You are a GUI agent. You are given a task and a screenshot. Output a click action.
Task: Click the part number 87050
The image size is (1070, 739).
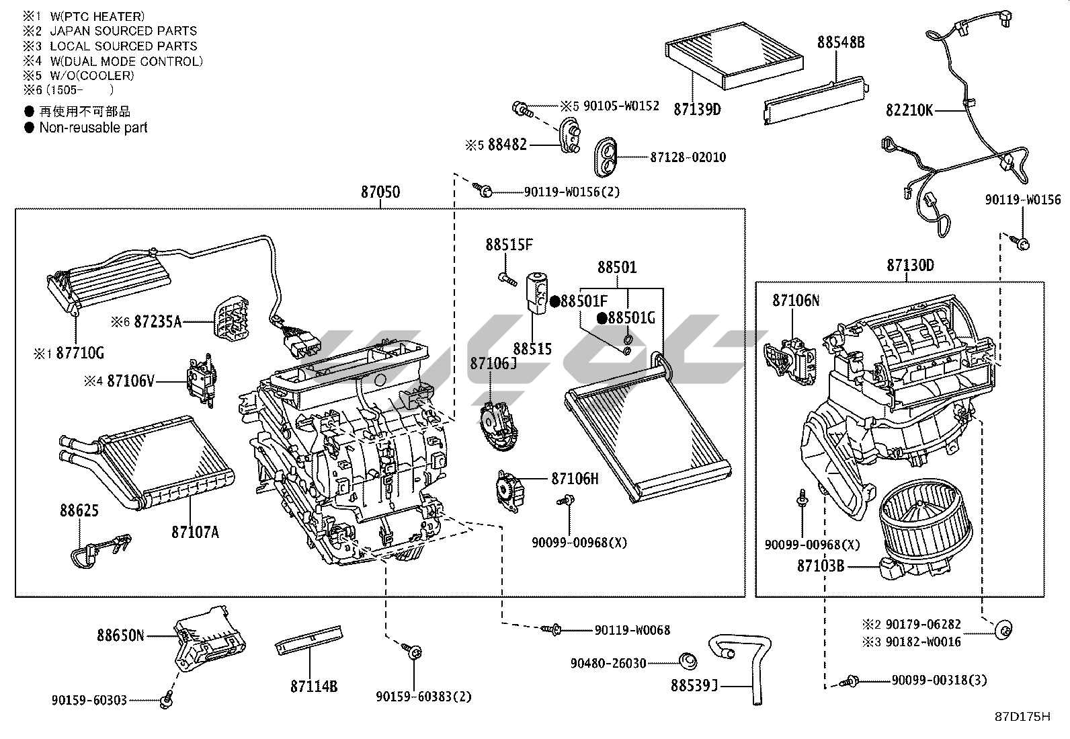(380, 192)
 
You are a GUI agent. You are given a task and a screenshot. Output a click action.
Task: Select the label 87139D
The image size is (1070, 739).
(697, 109)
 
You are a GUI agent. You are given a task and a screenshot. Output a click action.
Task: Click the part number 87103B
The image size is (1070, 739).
(821, 566)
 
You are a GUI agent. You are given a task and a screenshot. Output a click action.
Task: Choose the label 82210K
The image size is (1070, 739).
(909, 111)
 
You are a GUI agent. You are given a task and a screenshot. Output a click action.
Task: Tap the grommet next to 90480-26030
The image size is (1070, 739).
(687, 662)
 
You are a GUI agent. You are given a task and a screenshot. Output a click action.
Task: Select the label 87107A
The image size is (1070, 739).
(195, 533)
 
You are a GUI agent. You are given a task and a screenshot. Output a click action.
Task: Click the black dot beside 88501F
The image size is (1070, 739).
(555, 301)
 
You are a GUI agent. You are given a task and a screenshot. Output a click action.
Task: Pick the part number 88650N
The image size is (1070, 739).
(120, 635)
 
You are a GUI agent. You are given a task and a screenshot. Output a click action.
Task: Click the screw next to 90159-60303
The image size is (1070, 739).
(165, 701)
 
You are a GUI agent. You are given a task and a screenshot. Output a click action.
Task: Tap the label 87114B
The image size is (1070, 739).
(314, 687)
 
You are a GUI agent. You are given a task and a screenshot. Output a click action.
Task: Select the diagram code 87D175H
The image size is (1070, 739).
(1022, 717)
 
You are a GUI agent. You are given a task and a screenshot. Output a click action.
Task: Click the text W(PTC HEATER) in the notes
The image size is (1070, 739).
(97, 16)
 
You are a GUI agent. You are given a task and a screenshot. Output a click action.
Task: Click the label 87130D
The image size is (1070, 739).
(910, 266)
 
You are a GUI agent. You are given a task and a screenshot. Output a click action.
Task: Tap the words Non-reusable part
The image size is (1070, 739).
(93, 128)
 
